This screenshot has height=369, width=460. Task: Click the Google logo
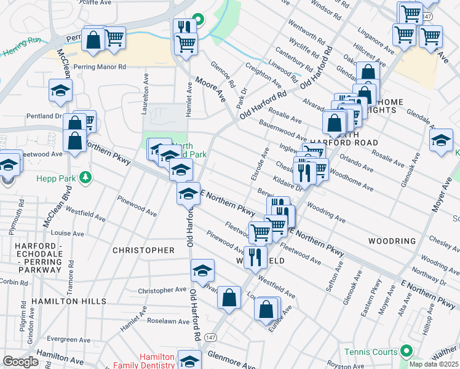[20, 361]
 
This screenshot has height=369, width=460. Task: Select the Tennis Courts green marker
[405, 351]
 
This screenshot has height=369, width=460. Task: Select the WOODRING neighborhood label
[392, 240]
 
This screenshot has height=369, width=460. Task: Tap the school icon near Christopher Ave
[202, 271]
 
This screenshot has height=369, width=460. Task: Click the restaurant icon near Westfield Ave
[255, 256]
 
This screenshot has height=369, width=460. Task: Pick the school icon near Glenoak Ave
[441, 140]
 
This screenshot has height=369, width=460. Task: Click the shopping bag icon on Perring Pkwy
[93, 40]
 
